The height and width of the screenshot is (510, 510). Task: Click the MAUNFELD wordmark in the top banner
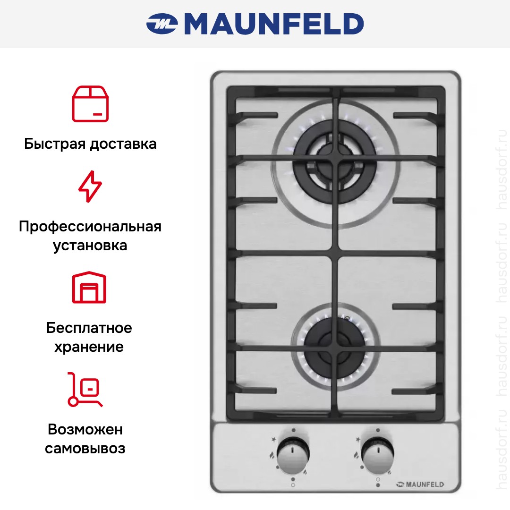point(274,24)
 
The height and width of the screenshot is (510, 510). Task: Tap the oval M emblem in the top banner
point(162,24)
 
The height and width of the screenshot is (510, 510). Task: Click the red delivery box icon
point(90,104)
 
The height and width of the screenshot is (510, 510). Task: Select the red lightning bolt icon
point(90,187)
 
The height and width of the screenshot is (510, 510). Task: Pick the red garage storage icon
point(89,287)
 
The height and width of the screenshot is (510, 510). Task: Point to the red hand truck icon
point(85,389)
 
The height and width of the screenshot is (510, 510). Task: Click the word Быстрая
point(55,144)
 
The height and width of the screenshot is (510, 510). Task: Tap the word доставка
point(123,144)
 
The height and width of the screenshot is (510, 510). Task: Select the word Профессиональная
point(90,227)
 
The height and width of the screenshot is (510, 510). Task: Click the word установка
point(90,246)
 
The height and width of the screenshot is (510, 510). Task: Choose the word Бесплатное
point(89,328)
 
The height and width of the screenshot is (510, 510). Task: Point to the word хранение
point(89,347)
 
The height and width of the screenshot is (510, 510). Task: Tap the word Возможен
point(85,429)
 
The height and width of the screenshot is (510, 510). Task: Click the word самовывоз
point(85,449)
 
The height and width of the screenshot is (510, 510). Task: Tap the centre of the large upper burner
point(335,161)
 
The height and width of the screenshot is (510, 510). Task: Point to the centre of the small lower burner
point(335,348)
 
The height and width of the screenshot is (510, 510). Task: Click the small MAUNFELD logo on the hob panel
point(420,484)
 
